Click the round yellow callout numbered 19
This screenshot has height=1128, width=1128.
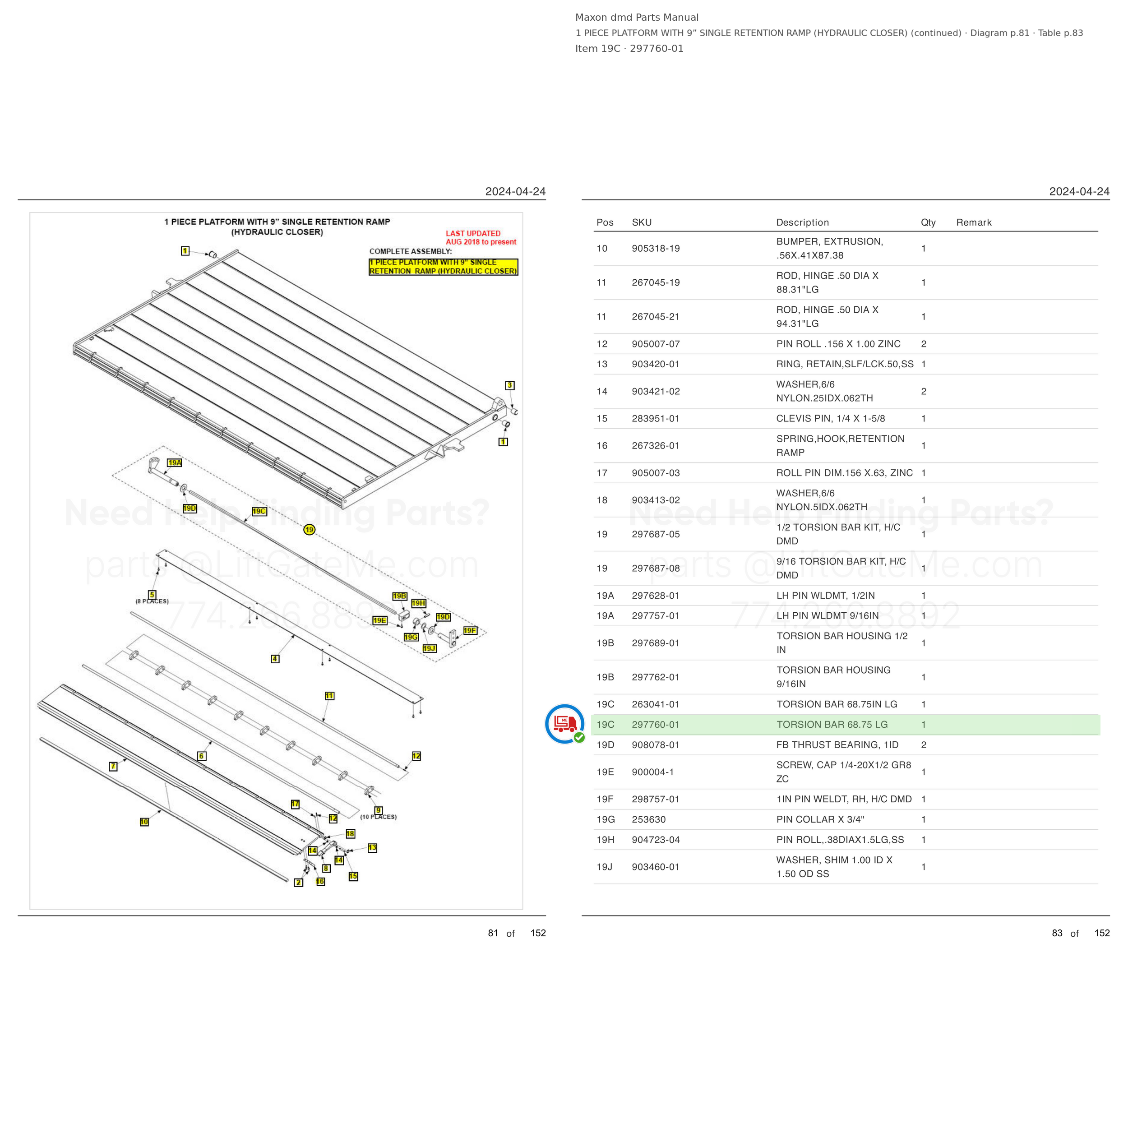click(x=309, y=530)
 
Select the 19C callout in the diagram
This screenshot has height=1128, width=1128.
click(x=259, y=512)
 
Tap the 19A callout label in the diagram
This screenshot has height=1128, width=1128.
click(x=175, y=463)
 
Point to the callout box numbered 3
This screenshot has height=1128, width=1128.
click(x=510, y=385)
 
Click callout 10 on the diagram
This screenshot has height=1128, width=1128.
click(x=144, y=822)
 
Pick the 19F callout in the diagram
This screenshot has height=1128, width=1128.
click(x=470, y=631)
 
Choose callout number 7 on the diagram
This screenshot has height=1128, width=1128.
click(x=113, y=767)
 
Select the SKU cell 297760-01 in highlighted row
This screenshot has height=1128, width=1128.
click(x=656, y=725)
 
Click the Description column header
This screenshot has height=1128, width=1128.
click(x=802, y=222)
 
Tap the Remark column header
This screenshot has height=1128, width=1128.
click(x=974, y=222)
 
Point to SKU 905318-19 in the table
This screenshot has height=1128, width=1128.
click(x=656, y=249)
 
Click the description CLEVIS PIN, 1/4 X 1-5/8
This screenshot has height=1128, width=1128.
click(x=830, y=419)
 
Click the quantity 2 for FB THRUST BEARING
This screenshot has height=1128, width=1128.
click(x=924, y=745)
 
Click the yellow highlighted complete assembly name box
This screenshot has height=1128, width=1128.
click(x=443, y=267)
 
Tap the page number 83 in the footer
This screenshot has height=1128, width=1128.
click(x=1057, y=933)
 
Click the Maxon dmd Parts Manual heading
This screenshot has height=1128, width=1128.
click(x=636, y=18)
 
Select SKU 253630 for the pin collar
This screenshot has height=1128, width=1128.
click(x=649, y=820)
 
